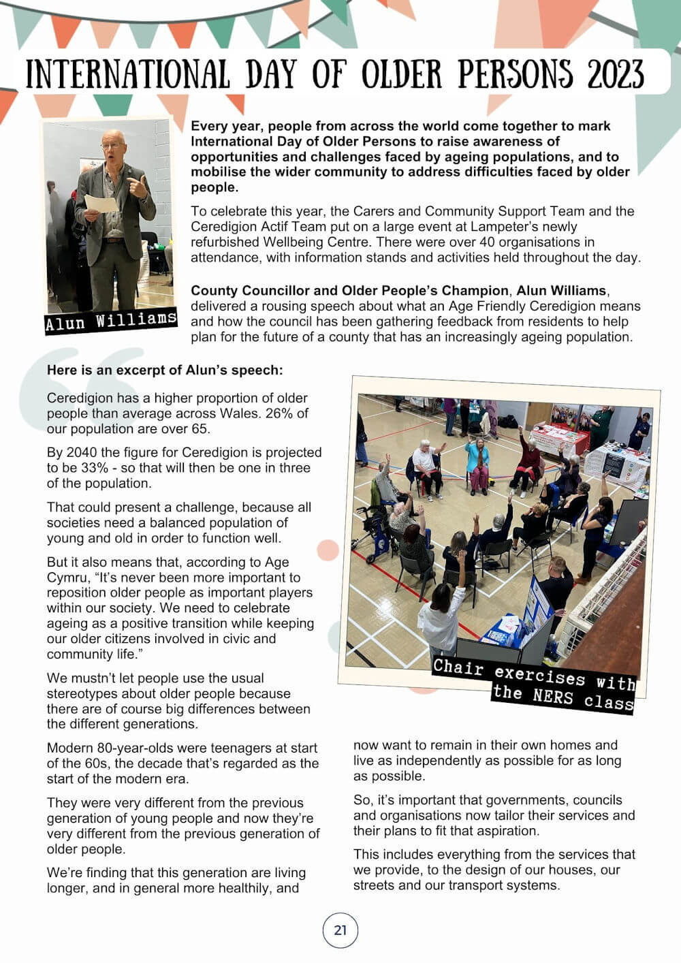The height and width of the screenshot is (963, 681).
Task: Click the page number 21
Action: click(x=340, y=930)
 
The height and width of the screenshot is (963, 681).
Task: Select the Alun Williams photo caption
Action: click(x=111, y=320)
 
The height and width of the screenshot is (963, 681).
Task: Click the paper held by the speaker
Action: click(x=99, y=203)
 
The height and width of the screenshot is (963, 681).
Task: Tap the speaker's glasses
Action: click(x=112, y=146)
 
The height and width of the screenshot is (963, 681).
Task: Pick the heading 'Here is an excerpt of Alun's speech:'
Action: click(x=165, y=370)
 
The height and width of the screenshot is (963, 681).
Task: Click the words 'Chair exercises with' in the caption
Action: click(x=534, y=674)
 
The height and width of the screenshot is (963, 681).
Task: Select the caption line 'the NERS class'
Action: click(x=563, y=697)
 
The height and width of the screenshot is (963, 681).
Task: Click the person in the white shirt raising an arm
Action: click(x=443, y=613)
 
